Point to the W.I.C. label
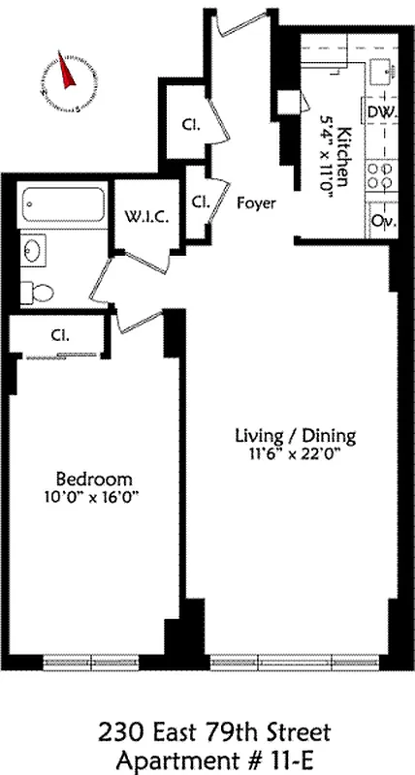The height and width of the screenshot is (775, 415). [145, 217]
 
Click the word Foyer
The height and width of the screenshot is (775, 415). [256, 203]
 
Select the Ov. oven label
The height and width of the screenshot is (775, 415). [381, 220]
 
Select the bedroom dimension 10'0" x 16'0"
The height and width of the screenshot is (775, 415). [93, 498]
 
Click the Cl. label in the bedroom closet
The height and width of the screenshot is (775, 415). [59, 336]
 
